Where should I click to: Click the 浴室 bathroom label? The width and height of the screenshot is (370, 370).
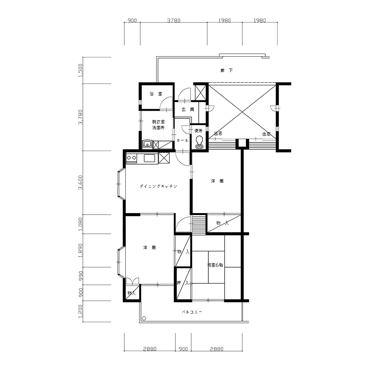[156, 94]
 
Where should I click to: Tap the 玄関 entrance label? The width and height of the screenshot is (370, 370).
[188, 110]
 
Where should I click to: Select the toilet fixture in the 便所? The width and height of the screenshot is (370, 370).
[199, 142]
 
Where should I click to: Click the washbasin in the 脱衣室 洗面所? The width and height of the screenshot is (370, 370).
[148, 144]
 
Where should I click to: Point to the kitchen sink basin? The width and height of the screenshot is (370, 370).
[149, 158]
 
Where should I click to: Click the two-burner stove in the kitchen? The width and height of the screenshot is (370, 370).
[131, 158]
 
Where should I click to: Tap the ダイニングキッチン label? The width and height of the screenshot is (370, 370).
[158, 186]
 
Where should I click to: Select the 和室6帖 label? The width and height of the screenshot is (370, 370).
[215, 265]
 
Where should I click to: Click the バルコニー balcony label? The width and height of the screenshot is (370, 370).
[192, 312]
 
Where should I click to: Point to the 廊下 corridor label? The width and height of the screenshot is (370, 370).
[226, 70]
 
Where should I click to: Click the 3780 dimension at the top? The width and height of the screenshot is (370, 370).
[174, 20]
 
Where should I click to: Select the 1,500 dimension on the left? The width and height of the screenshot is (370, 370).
[80, 70]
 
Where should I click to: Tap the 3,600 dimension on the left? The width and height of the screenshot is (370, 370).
[80, 182]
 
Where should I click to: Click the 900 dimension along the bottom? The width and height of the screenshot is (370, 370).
[184, 349]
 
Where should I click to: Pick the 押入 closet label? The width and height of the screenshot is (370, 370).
[183, 283]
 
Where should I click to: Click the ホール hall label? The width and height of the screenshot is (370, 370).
[182, 140]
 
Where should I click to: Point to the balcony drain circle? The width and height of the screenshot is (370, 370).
[144, 318]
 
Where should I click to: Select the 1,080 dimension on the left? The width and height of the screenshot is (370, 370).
[80, 224]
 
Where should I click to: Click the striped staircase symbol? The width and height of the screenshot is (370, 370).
[199, 223]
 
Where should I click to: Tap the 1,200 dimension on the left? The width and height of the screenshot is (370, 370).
[80, 311]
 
